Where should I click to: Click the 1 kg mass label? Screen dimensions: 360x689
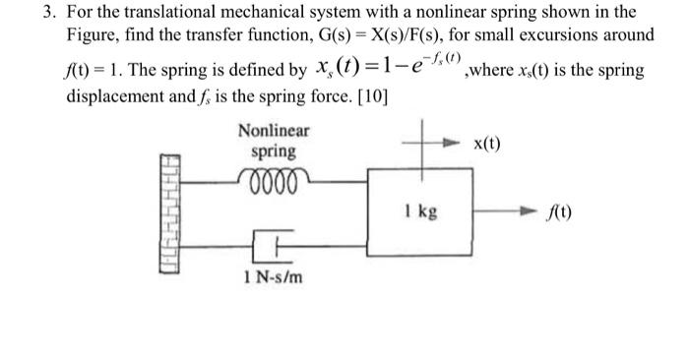(420, 210)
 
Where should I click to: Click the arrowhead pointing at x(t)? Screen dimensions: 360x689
(457, 144)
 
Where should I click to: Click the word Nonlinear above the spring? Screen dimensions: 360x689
(273, 130)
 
